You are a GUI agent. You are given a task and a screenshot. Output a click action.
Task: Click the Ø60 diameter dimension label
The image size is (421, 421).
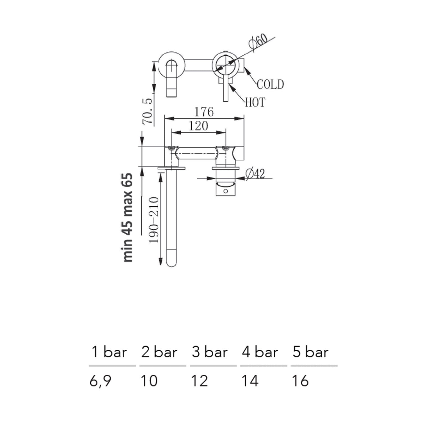257,42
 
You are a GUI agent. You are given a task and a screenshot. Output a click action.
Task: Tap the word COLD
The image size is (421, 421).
270,84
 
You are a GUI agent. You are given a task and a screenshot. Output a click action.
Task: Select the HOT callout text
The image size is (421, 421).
255,102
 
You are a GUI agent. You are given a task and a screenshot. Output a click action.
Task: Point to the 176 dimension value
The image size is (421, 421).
204,112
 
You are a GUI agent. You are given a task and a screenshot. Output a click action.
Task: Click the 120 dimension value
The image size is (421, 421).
198,126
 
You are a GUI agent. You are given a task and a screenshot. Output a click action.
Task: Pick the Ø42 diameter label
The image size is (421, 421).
255,174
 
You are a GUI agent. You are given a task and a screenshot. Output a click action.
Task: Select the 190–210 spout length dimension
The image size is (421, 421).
154,220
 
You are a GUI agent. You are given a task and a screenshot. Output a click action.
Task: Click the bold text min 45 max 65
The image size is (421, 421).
128,218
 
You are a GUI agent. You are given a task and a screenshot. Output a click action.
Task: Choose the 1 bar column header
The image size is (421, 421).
109,352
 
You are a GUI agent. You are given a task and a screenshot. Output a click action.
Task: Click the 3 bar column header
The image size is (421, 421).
210,352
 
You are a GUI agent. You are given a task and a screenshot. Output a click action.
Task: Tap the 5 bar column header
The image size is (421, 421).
310,352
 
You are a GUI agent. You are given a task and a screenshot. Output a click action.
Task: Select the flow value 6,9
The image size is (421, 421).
100,381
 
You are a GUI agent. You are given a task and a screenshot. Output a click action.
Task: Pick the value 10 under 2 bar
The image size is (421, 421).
149,381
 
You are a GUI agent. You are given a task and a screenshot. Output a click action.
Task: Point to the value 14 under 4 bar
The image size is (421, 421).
250,381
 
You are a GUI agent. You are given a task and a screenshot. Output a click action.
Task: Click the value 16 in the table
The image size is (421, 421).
300,381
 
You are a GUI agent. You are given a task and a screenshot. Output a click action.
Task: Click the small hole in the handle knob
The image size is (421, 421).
225,191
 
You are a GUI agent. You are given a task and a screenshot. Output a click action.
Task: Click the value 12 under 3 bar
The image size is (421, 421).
199,381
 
